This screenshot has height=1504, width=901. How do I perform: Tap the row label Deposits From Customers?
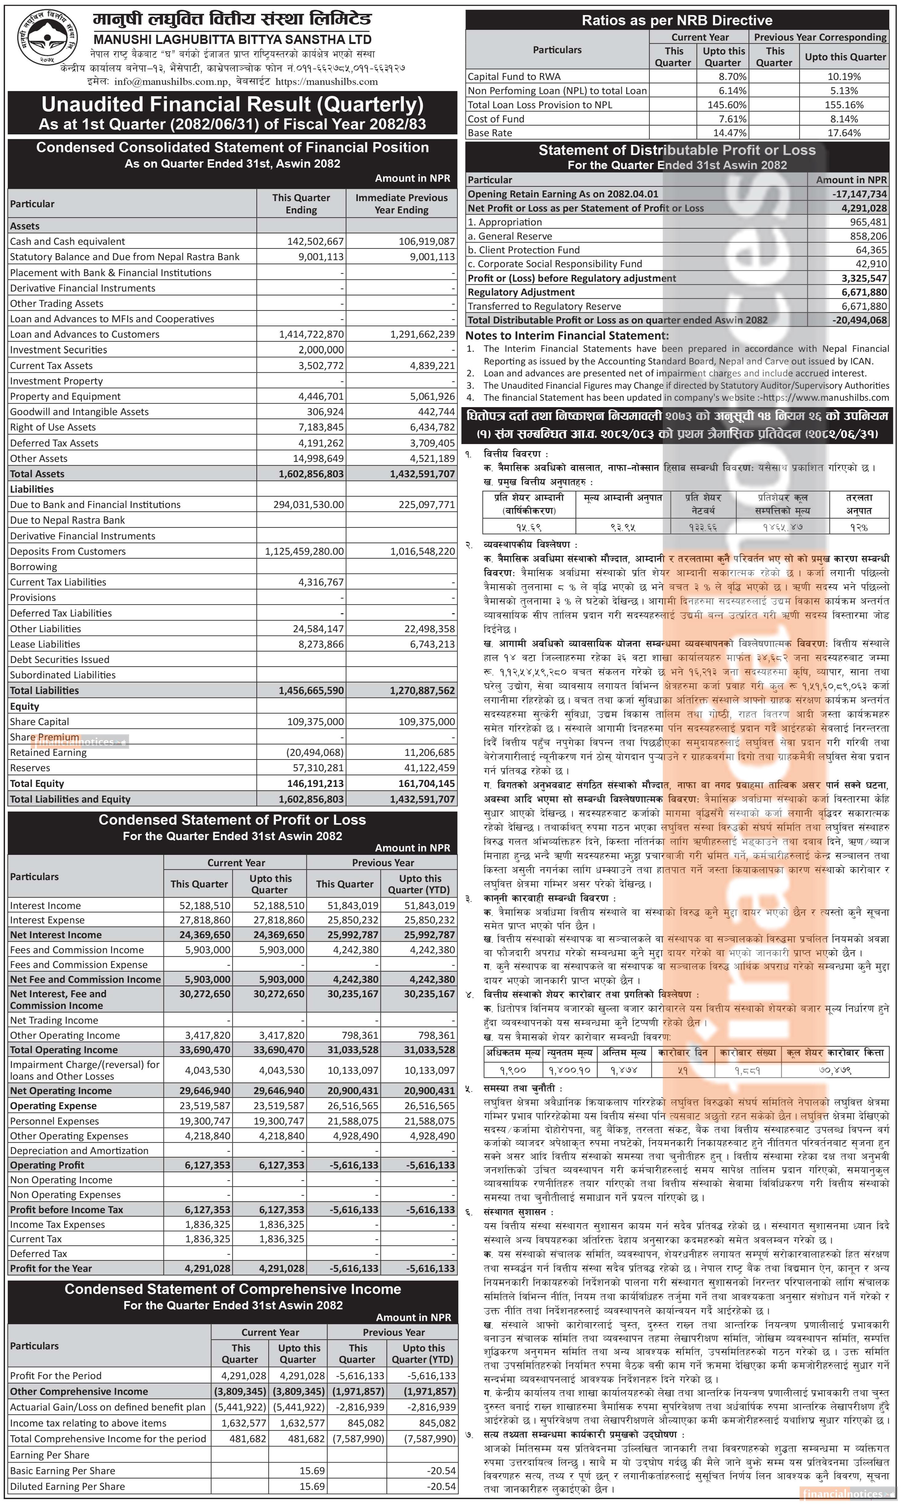pos(68,551)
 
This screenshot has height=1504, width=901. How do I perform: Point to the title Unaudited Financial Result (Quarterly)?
pos(232,105)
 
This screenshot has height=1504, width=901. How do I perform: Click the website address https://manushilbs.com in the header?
pos(327,81)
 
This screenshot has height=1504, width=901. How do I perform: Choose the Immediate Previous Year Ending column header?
pos(401,203)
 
